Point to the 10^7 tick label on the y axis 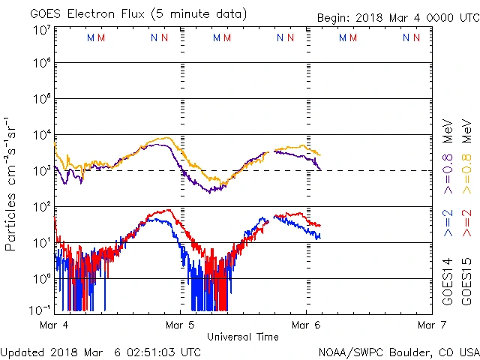click(41, 30)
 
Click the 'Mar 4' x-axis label click(54, 325)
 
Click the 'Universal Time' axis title click(243, 337)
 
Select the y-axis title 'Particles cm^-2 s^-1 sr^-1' click(11, 184)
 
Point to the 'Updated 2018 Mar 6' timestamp click(100, 351)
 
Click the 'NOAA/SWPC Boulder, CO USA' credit click(398, 351)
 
